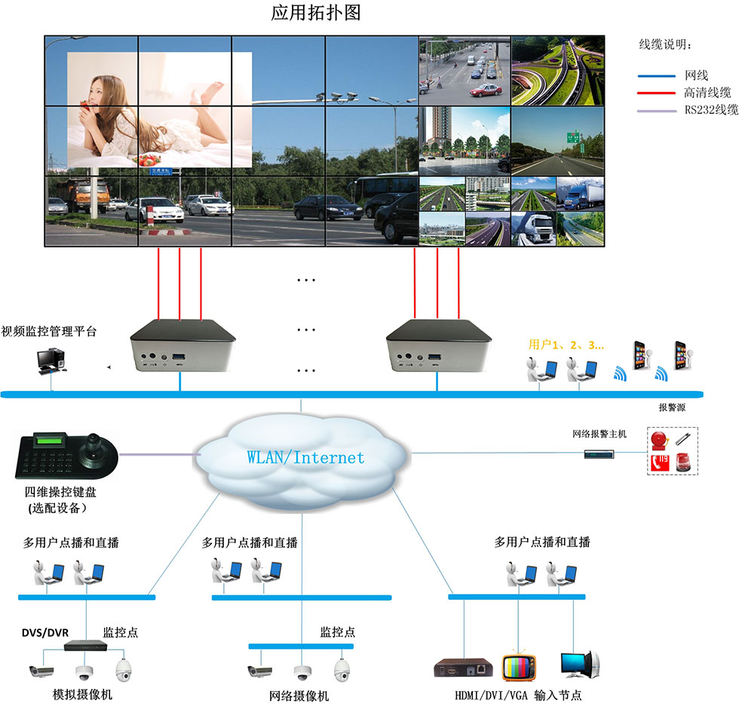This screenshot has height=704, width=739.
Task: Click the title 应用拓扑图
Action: click(316, 13)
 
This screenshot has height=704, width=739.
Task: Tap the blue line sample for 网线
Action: click(656, 75)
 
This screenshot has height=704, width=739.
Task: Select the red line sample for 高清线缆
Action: click(656, 94)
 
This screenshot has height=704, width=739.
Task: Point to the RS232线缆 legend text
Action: click(711, 110)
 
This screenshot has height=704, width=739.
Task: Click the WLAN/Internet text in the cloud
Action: click(305, 457)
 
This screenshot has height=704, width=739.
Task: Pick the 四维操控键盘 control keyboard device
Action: click(67, 455)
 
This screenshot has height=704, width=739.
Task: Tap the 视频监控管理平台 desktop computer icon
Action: click(51, 361)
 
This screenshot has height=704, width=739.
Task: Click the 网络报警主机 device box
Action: click(599, 454)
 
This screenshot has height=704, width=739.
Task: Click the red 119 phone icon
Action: click(660, 463)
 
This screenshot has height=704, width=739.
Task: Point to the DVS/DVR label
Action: click(45, 633)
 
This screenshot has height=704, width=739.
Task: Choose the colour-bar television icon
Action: click(519, 667)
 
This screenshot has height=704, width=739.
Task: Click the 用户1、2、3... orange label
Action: click(566, 345)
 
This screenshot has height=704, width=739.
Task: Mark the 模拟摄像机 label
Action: click(82, 694)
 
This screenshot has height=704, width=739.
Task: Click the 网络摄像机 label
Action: click(299, 696)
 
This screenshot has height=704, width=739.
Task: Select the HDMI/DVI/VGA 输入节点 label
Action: click(518, 696)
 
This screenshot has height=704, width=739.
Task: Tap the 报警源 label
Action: click(672, 407)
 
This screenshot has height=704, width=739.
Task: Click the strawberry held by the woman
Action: click(85, 105)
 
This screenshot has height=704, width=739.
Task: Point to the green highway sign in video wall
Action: click(573, 137)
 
